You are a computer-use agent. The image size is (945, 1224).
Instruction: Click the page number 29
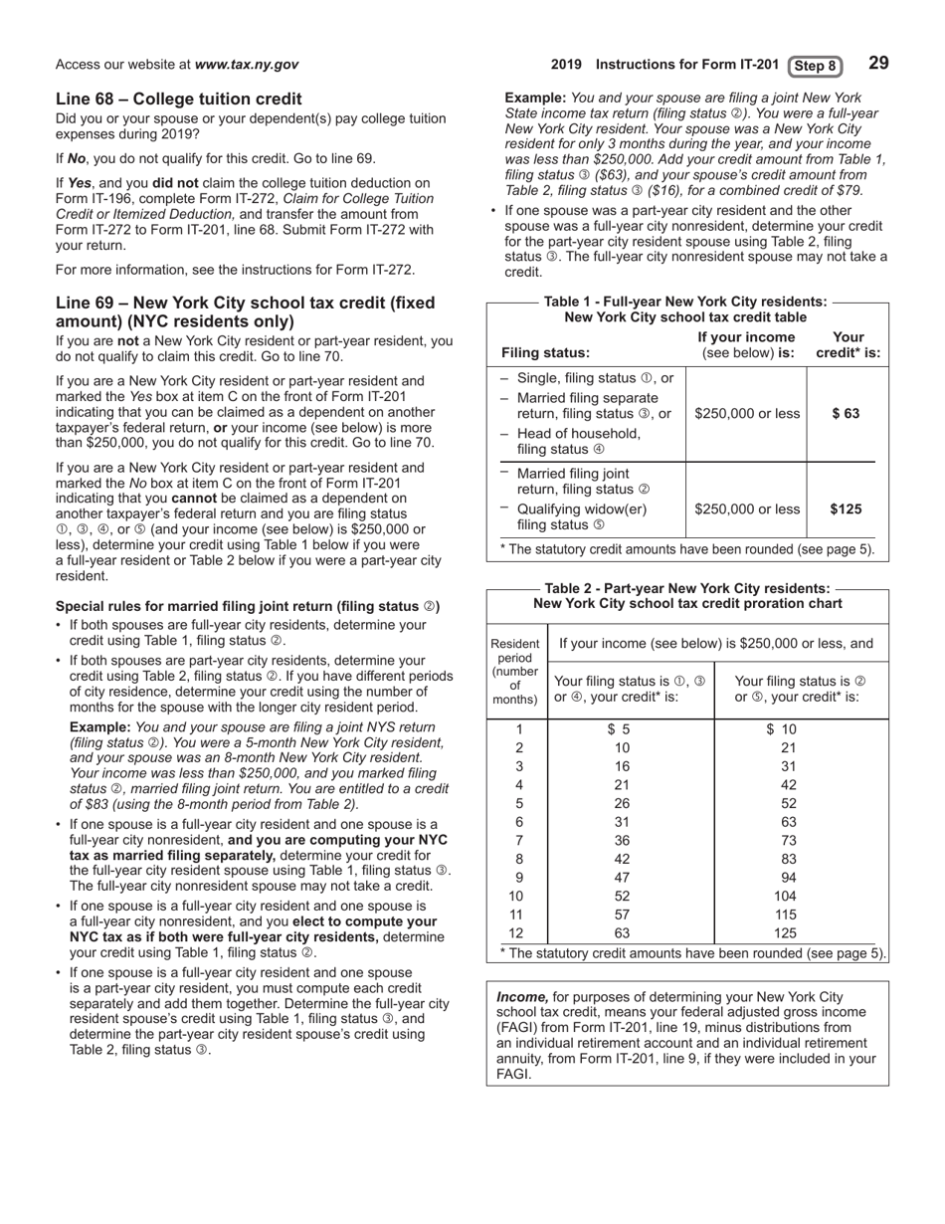878,64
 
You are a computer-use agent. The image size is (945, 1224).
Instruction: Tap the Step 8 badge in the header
815,66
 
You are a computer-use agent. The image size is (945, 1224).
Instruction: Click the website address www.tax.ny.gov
247,65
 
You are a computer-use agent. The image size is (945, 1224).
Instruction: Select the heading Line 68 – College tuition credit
179,99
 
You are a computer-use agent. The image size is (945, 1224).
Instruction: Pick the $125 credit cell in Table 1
846,510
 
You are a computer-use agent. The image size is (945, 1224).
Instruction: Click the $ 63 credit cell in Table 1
846,413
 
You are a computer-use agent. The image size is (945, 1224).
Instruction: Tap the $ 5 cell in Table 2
621,729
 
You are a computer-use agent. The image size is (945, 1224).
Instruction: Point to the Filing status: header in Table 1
545,352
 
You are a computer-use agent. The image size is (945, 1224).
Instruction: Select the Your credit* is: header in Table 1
848,344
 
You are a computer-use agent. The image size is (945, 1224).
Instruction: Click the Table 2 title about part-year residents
687,596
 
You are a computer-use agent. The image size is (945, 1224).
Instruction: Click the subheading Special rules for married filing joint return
248,606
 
